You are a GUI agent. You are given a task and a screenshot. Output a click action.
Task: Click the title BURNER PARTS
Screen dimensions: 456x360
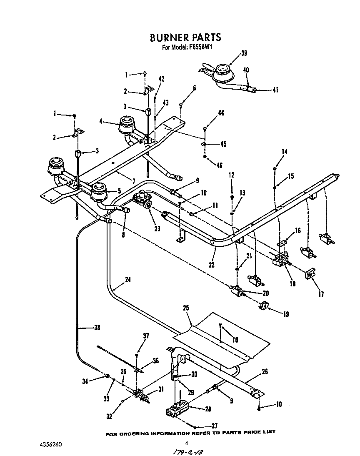[185, 38]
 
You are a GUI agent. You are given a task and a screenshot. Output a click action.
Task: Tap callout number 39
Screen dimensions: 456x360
[244, 53]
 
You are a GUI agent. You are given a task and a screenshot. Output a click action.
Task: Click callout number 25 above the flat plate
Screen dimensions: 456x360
[186, 308]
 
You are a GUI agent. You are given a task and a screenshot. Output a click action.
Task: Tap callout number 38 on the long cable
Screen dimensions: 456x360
[97, 327]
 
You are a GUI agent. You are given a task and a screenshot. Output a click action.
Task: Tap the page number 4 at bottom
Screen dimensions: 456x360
[187, 443]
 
